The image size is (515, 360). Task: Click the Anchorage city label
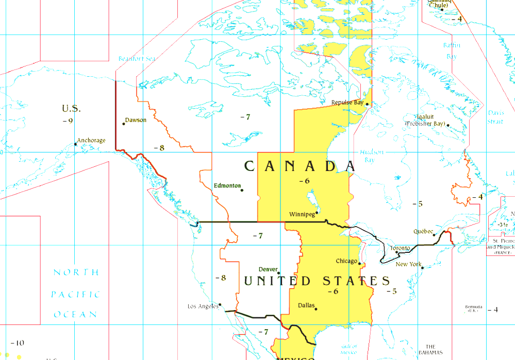(x=91, y=141)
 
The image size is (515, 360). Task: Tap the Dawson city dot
(x=124, y=124)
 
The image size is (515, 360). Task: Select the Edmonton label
(x=227, y=185)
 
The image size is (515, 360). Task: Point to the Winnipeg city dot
(x=317, y=211)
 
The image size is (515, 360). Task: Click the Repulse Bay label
(x=347, y=102)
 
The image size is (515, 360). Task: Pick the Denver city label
(x=268, y=269)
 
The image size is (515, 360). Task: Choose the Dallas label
(x=306, y=305)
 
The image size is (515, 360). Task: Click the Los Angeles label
(x=203, y=306)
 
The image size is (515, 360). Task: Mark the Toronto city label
(x=400, y=249)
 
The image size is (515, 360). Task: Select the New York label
(x=408, y=265)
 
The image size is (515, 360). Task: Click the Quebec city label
(x=423, y=232)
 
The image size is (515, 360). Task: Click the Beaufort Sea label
(x=137, y=59)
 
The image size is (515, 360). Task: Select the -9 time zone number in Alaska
(x=68, y=121)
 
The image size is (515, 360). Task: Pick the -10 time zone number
(x=17, y=343)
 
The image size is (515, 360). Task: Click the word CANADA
(x=300, y=166)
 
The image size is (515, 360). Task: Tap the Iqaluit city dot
(x=448, y=125)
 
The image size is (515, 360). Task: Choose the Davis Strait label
(x=495, y=117)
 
